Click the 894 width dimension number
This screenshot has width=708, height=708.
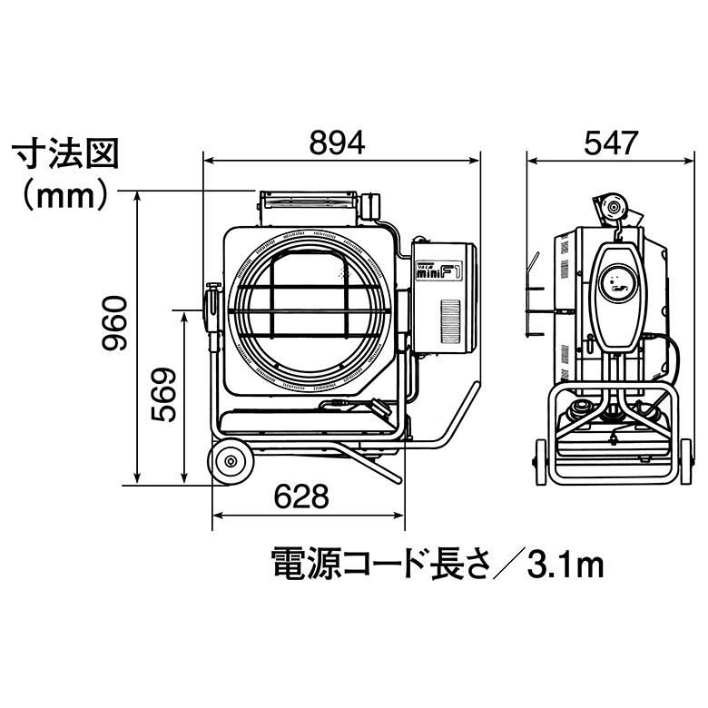[337, 142]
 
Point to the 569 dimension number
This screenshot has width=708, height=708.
[162, 395]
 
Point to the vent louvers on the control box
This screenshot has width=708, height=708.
[451, 318]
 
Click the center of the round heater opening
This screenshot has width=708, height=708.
[310, 310]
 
